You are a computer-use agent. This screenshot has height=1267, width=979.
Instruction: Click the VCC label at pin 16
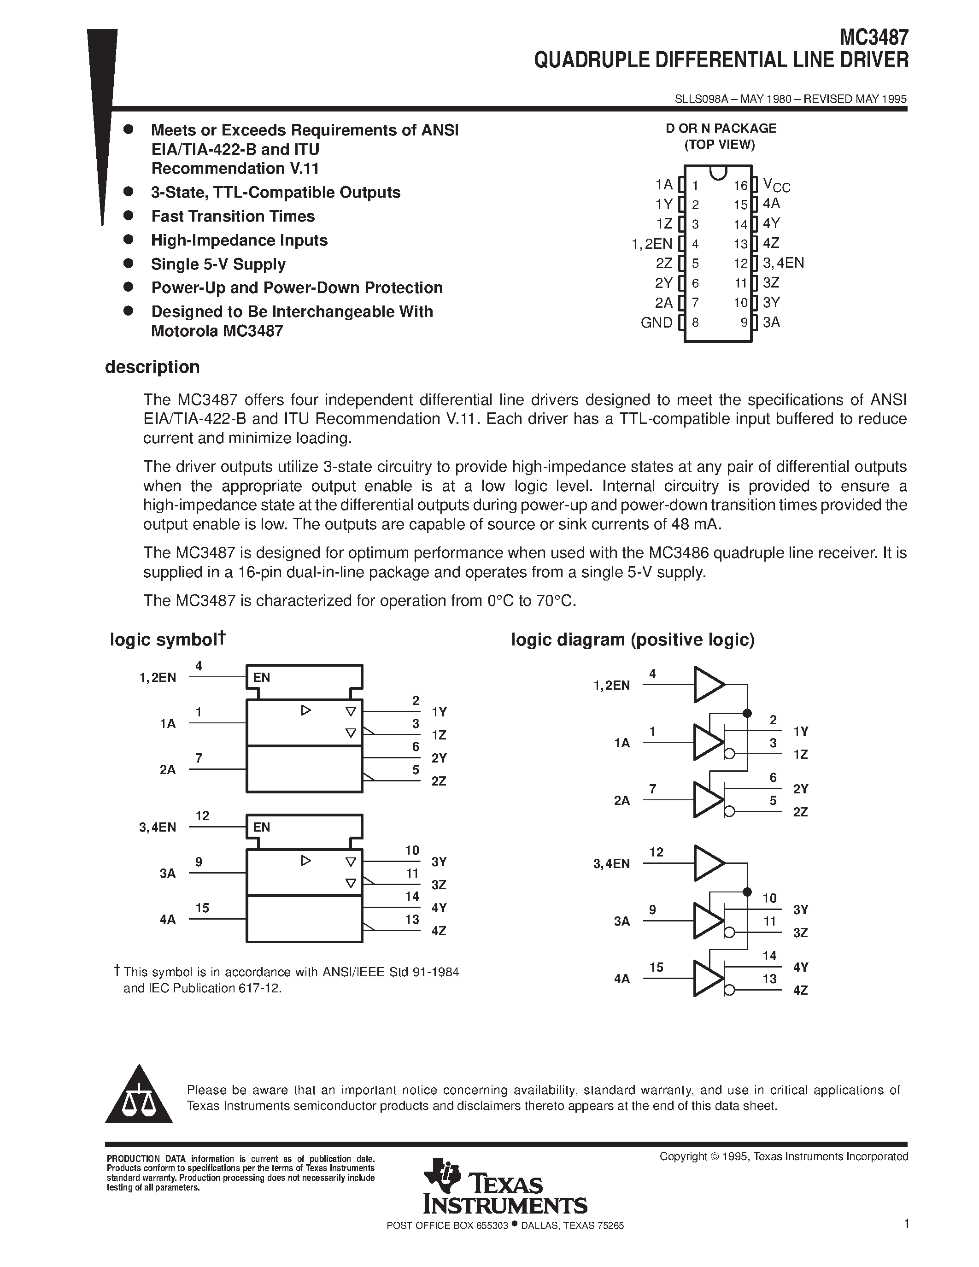click(776, 185)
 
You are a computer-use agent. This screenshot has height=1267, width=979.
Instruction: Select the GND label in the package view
click(656, 323)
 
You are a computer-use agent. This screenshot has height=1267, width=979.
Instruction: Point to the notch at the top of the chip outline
click(718, 172)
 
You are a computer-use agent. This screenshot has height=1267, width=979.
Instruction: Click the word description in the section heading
click(152, 367)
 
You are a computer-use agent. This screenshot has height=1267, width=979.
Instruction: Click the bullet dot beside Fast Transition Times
click(129, 215)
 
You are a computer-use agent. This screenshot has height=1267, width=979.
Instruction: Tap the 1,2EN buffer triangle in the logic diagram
click(708, 685)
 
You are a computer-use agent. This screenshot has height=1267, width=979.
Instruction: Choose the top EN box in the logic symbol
click(304, 677)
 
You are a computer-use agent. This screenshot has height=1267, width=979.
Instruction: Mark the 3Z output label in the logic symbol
click(439, 885)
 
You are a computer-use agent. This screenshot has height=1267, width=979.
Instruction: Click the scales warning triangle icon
click(139, 1097)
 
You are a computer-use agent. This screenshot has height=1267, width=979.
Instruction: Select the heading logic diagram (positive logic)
click(632, 640)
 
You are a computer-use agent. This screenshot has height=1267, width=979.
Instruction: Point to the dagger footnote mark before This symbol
click(117, 970)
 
